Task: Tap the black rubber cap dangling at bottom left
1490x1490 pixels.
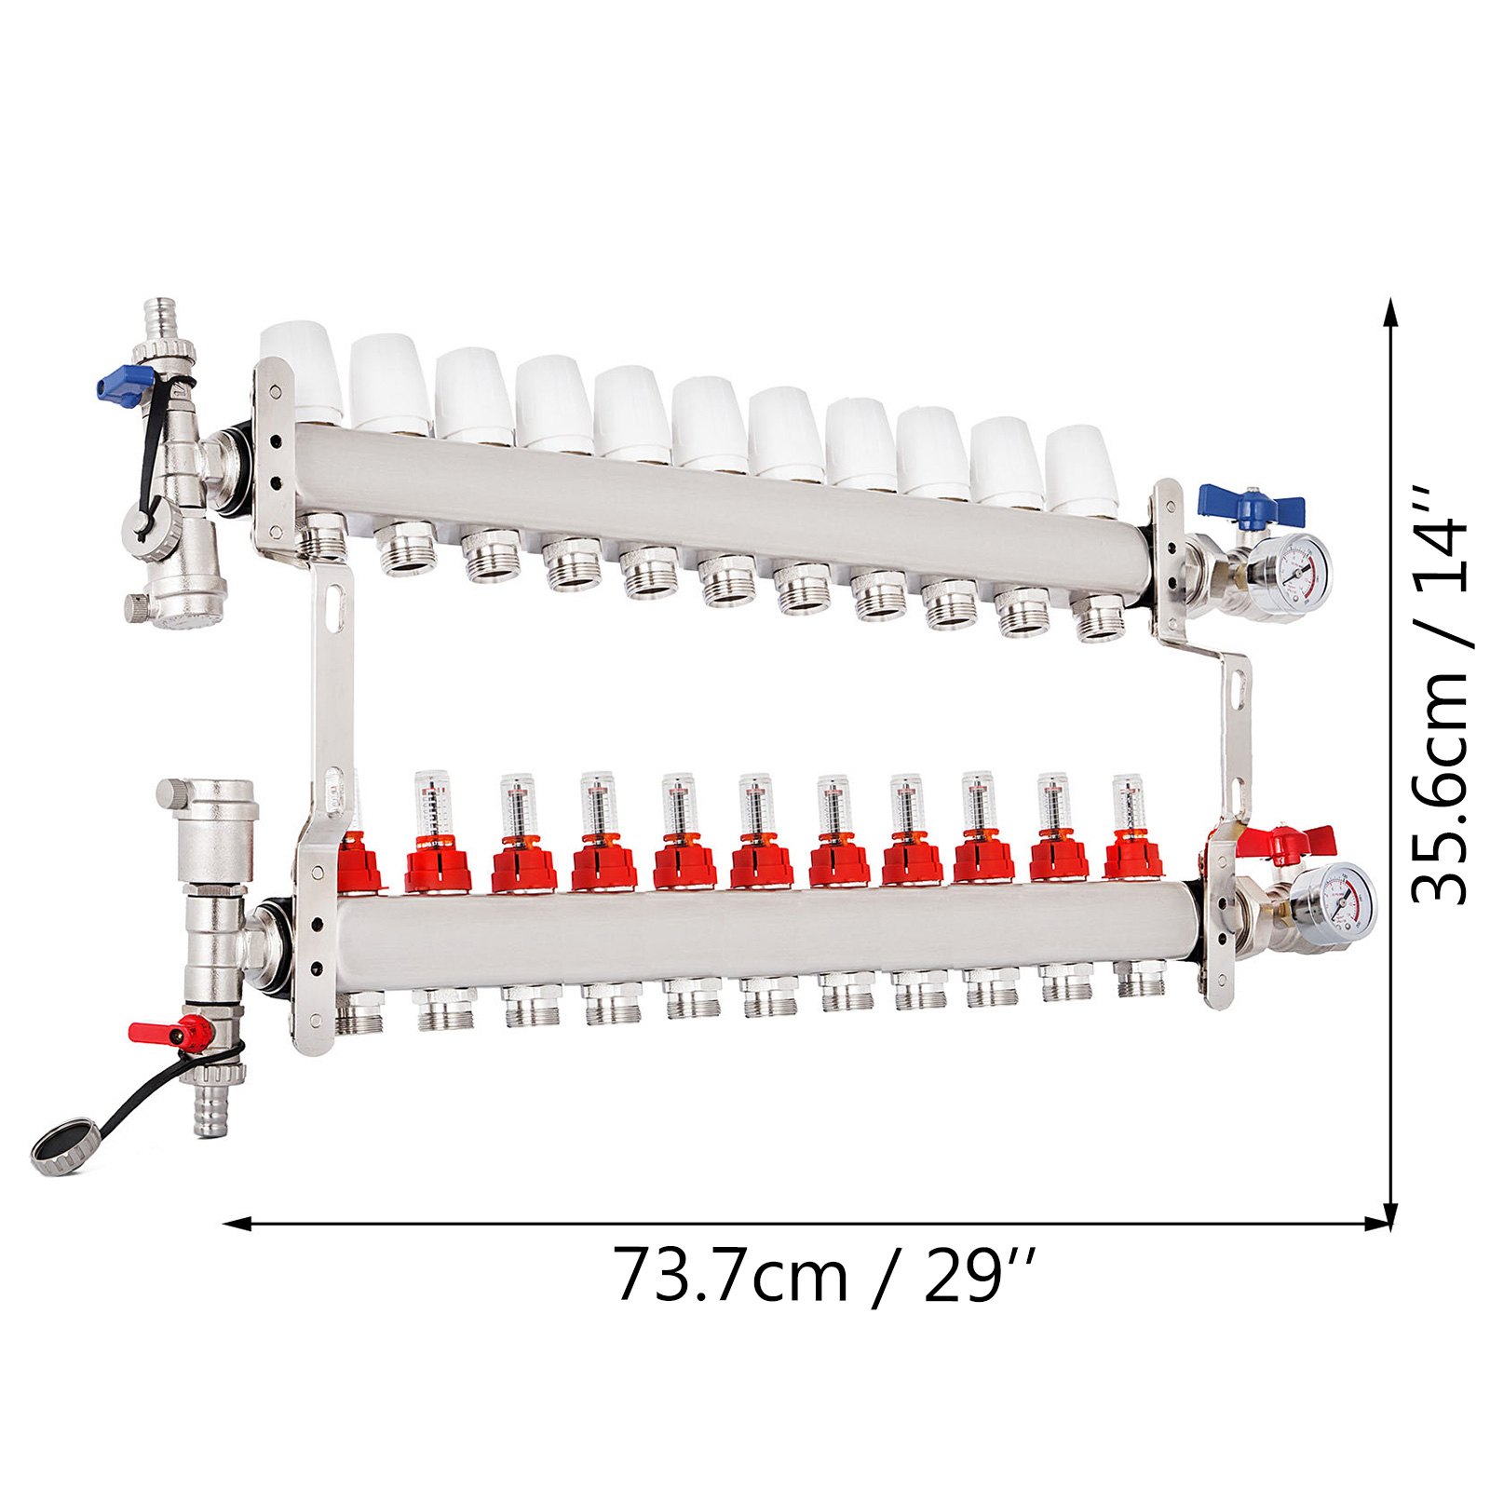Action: click(x=60, y=1151)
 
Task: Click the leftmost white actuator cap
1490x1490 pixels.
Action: click(x=302, y=370)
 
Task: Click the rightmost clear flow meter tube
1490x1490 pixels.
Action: click(x=1129, y=802)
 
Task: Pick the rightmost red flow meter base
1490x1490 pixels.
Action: click(x=1132, y=858)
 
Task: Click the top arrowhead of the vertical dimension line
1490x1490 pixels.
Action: click(x=1390, y=312)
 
